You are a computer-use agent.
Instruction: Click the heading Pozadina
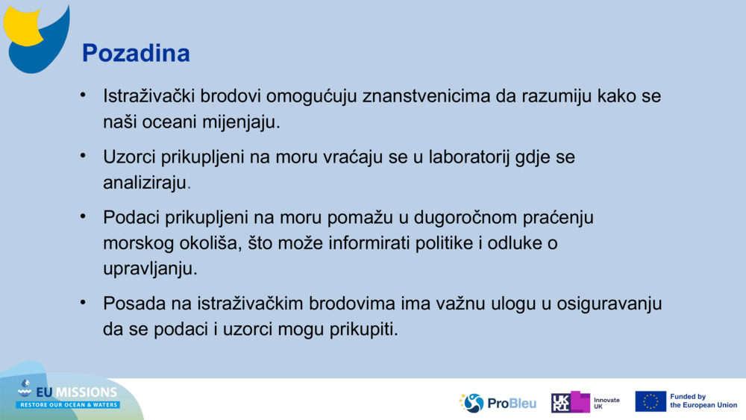pyautogui.click(x=136, y=53)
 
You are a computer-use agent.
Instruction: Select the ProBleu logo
pyautogui.click(x=498, y=403)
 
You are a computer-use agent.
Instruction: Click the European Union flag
pyautogui.click(x=651, y=401)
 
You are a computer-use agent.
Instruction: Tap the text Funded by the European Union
pyautogui.click(x=703, y=401)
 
